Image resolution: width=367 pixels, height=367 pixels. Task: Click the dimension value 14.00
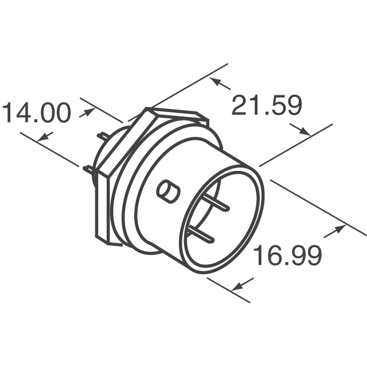tap(37, 113)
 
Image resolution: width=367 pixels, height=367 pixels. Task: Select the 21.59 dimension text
tap(266, 107)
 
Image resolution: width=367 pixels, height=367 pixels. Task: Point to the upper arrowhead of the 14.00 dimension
tap(87, 112)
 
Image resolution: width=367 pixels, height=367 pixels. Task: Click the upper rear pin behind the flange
tap(103, 136)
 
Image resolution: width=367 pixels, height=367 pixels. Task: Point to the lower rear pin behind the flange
tap(88, 169)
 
